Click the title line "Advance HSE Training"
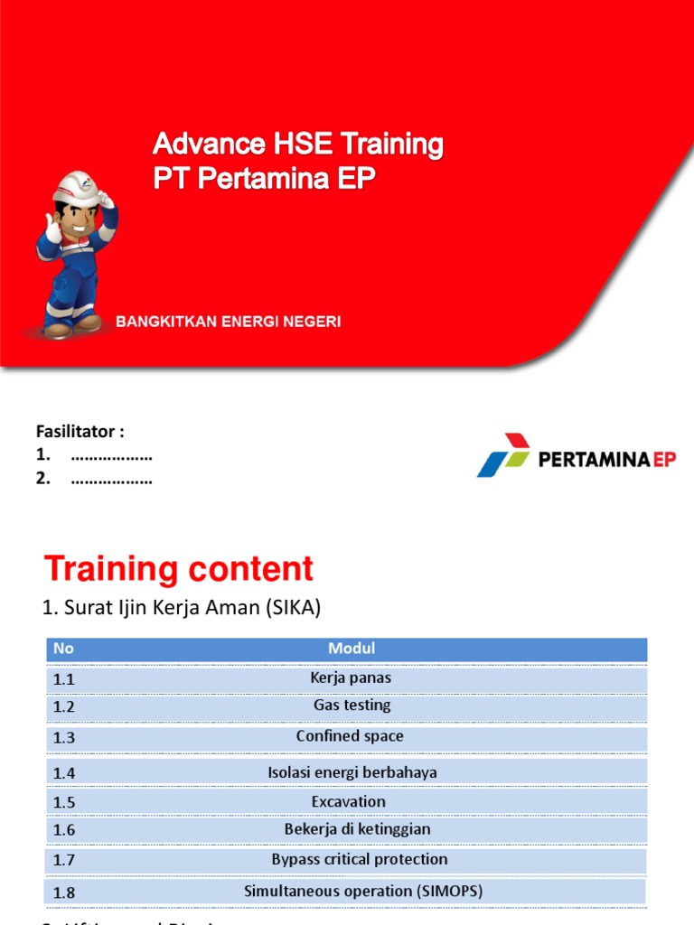298,144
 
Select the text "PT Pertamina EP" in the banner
263,178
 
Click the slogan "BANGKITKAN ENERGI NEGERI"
228,322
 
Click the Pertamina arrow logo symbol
502,454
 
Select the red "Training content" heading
179,570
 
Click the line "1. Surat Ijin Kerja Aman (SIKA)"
182,609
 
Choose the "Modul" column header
352,649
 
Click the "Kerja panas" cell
351,677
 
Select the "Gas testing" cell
352,705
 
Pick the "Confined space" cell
350,736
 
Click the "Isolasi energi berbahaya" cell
352,772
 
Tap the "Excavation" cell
348,801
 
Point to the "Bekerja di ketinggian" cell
357,829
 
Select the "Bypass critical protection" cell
359,859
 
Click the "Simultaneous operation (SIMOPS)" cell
363,891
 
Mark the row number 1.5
64,802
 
